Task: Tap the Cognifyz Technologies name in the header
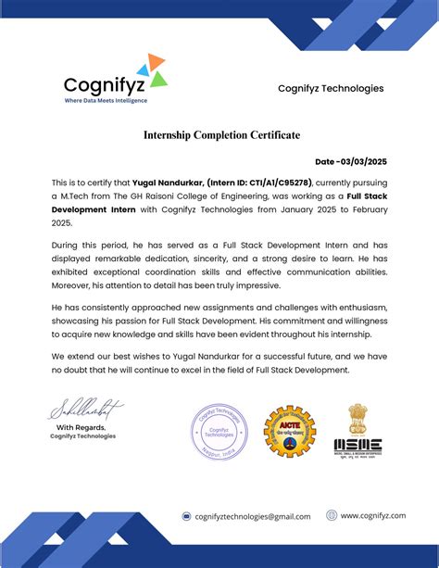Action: (331, 88)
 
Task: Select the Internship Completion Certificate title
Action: (221, 135)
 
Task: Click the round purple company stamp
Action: (219, 432)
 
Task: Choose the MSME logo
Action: (357, 431)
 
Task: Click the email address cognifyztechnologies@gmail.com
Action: (253, 516)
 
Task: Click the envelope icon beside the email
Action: (186, 516)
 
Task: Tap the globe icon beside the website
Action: (331, 515)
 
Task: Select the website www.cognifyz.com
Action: (373, 515)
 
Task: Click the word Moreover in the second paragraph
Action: (73, 288)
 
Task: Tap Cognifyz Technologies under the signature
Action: (83, 435)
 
